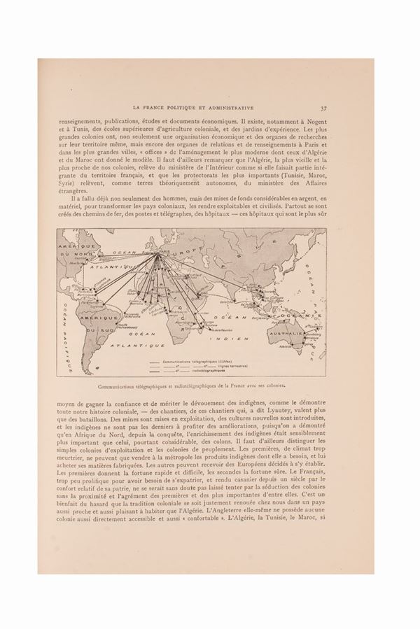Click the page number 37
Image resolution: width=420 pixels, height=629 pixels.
(x=324, y=108)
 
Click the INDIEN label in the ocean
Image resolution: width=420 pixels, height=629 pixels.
(x=237, y=338)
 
